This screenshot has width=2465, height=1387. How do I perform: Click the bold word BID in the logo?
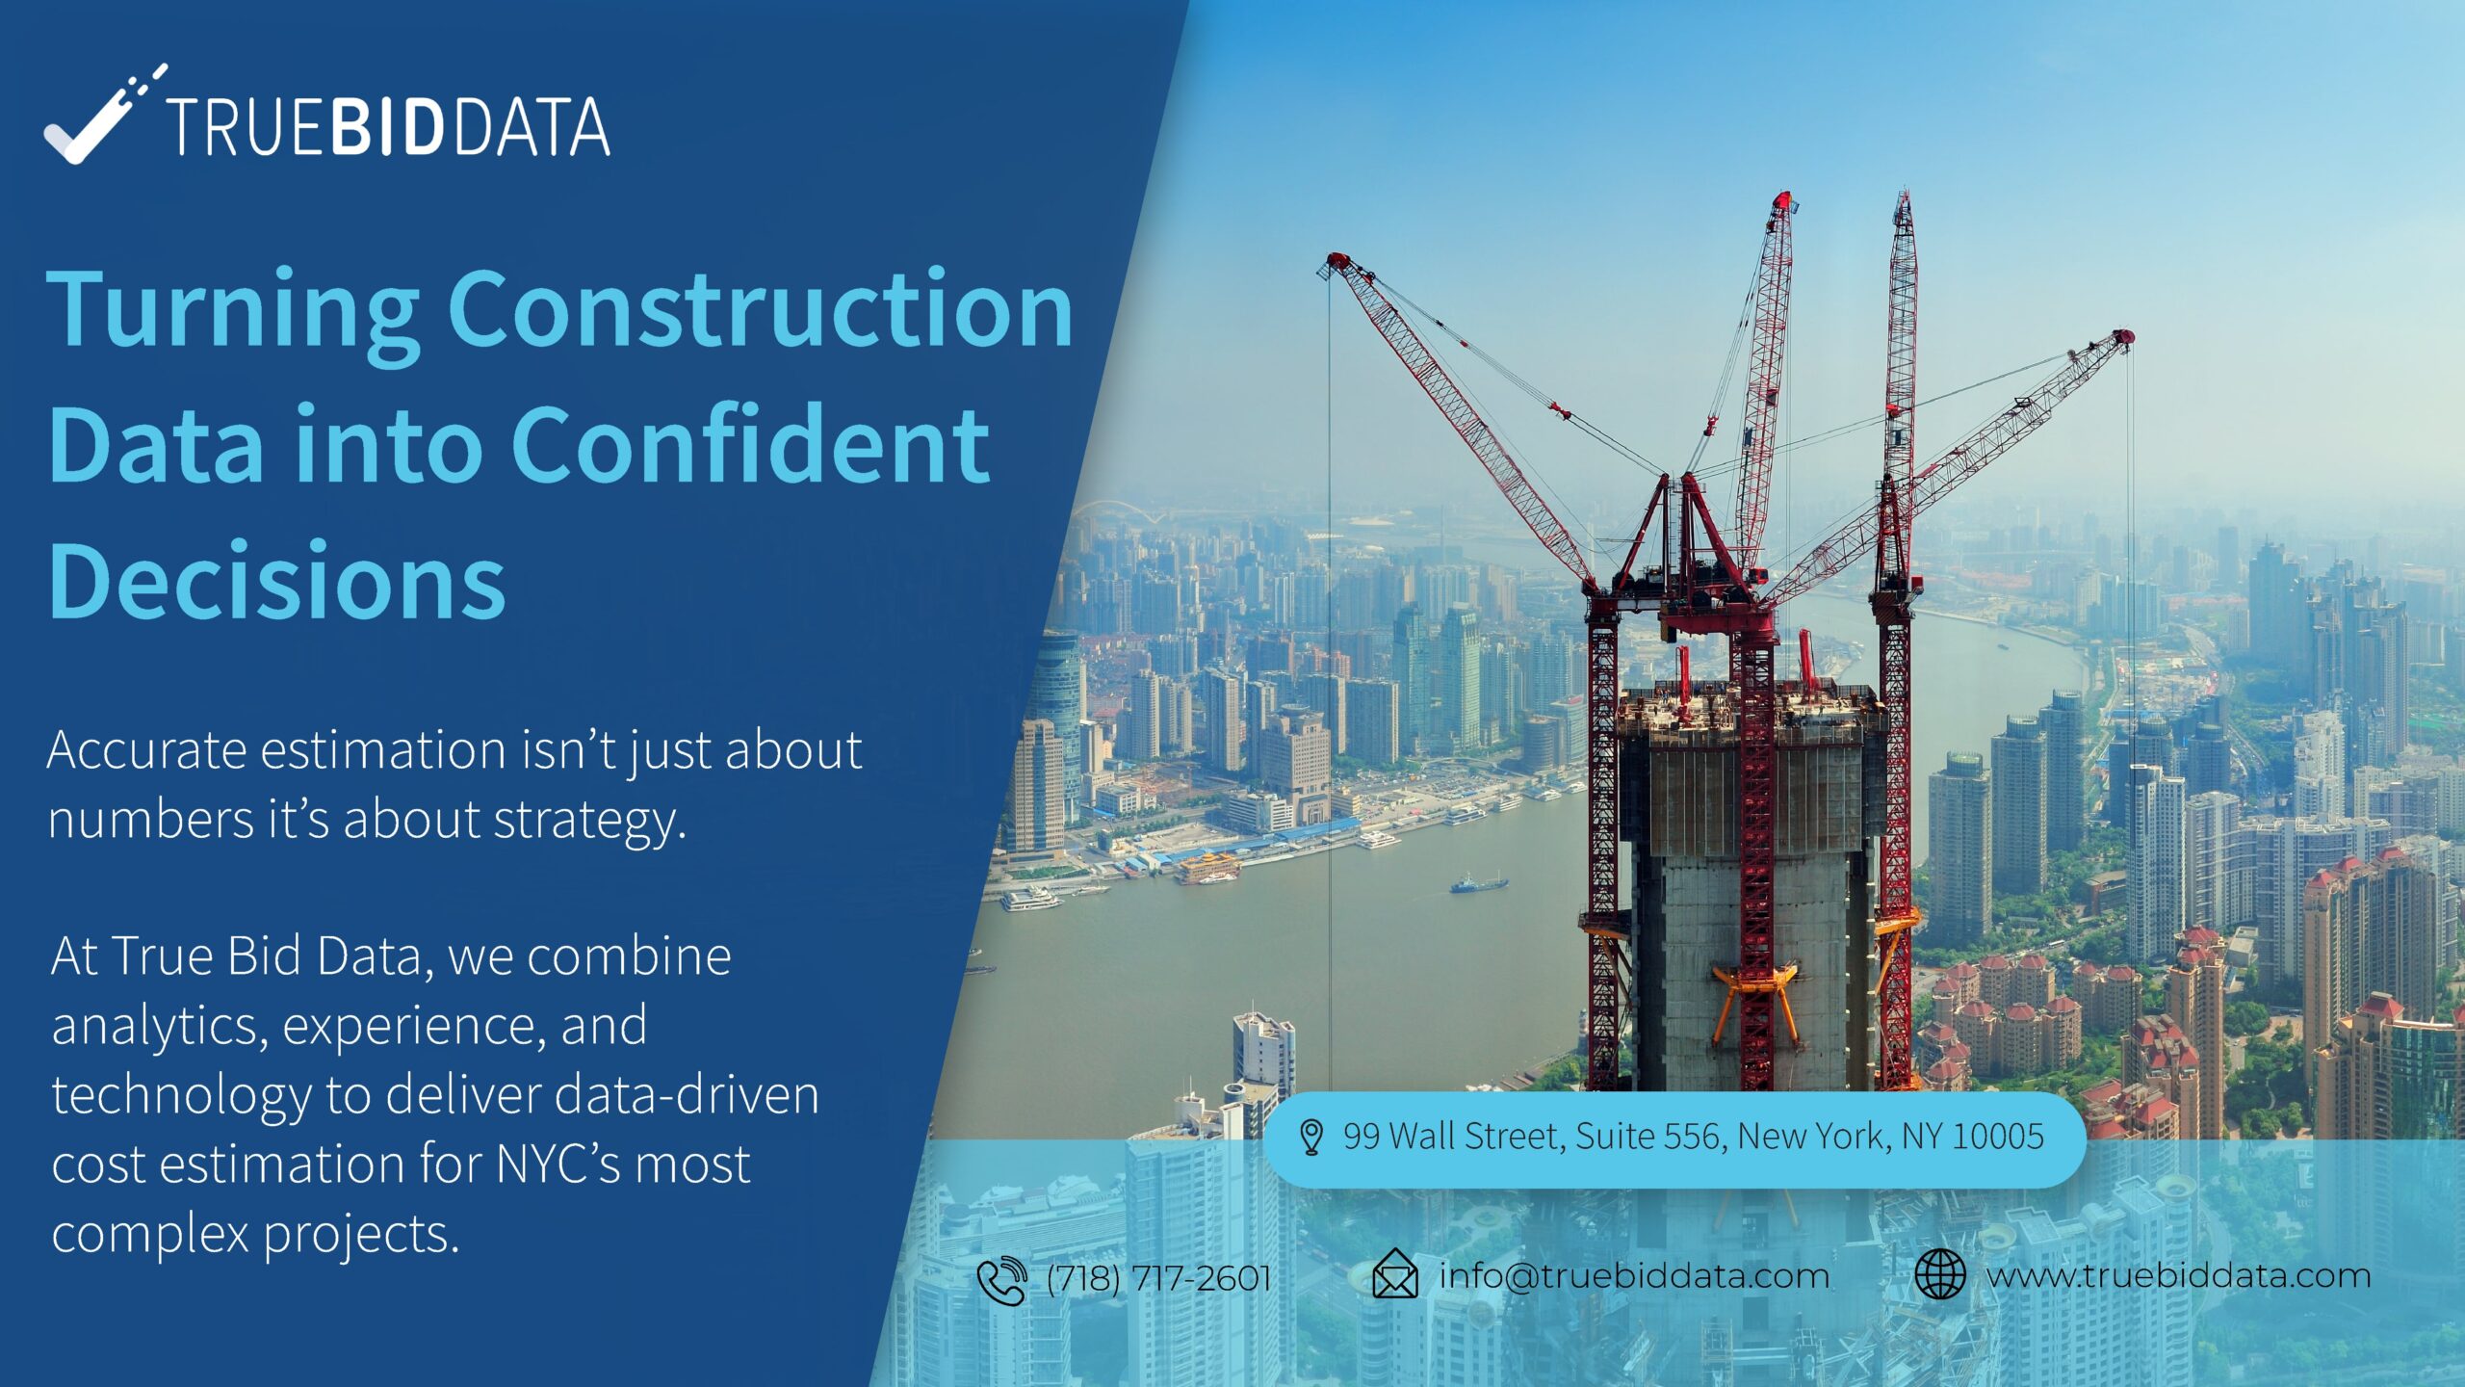click(387, 126)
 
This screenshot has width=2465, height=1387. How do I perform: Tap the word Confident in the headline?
click(750, 445)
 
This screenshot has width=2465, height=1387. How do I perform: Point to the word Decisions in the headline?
click(276, 581)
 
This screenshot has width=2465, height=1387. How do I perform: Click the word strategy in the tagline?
click(589, 822)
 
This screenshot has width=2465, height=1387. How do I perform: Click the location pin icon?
click(1310, 1138)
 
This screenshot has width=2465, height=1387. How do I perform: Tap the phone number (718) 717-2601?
click(1159, 1278)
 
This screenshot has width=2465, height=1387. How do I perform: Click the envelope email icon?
click(1394, 1274)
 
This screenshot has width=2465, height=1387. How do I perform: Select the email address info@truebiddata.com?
click(1634, 1276)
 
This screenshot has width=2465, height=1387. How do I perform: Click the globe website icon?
click(1939, 1274)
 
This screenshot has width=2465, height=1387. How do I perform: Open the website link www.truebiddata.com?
click(2178, 1276)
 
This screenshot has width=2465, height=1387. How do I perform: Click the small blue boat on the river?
click(1478, 882)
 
